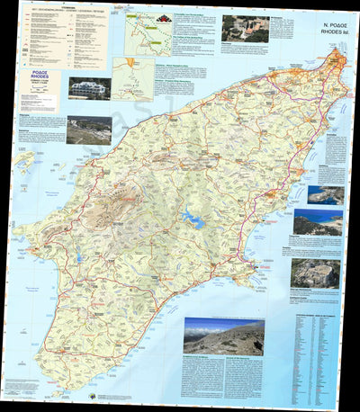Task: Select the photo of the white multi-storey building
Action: (x=90, y=88)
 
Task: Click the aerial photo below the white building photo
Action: (x=88, y=130)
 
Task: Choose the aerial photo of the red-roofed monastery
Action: (x=245, y=28)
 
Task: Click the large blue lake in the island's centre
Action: (x=193, y=218)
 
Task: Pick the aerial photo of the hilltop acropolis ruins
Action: (x=315, y=273)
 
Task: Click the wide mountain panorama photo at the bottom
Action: (x=223, y=337)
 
